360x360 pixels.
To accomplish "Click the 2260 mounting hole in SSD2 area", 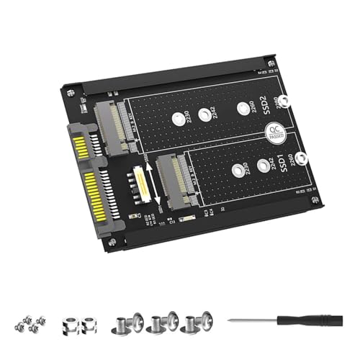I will point(241,109).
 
